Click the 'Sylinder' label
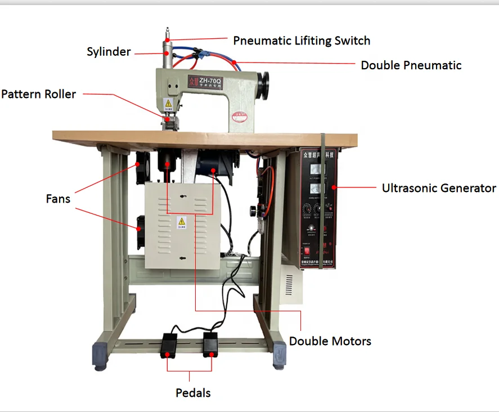click(109, 52)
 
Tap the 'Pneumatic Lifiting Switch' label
click(302, 41)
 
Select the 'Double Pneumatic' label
click(411, 65)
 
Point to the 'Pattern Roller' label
click(38, 94)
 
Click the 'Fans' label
click(59, 199)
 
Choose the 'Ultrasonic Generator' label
click(439, 188)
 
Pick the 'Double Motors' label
click(330, 341)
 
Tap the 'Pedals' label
click(193, 393)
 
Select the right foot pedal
click(210, 344)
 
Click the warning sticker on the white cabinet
click(181, 221)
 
